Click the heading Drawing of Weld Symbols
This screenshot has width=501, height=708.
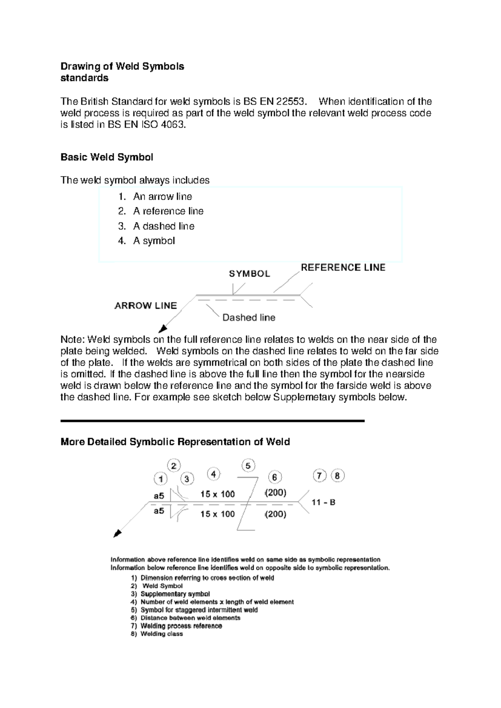coord(122,66)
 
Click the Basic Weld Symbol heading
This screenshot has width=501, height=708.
coord(107,157)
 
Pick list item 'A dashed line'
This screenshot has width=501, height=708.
coord(163,226)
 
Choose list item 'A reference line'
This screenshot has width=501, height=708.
coord(168,211)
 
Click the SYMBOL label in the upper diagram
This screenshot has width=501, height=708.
coord(249,274)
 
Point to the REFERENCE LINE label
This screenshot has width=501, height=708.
coord(343,268)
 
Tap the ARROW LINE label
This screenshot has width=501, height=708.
coord(146,306)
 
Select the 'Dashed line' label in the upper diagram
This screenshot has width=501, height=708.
coord(249,318)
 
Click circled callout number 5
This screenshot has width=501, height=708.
coord(248,466)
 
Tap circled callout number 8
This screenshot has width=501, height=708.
coord(337,476)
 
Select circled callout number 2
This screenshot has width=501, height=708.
coord(174,466)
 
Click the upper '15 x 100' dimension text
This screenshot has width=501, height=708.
coord(218,494)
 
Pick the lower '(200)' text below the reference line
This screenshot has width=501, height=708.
coord(276,514)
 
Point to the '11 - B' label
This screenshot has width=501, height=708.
coord(324,503)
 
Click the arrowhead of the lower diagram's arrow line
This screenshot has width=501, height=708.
coord(118,533)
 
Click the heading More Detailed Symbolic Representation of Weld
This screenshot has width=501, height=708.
coord(175,442)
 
